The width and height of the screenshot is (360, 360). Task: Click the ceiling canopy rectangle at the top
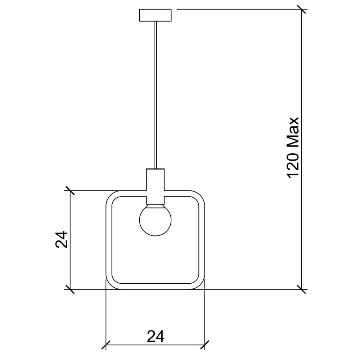click(x=156, y=15)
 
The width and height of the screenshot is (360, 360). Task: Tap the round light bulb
click(x=156, y=220)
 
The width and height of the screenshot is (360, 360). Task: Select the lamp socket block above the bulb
click(x=156, y=186)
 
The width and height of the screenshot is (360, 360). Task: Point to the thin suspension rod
click(x=156, y=95)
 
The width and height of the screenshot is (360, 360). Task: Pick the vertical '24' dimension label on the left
click(x=62, y=239)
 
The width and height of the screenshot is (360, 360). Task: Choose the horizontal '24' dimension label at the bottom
click(x=156, y=336)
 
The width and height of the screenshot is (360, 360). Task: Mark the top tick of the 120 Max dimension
click(x=301, y=9)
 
